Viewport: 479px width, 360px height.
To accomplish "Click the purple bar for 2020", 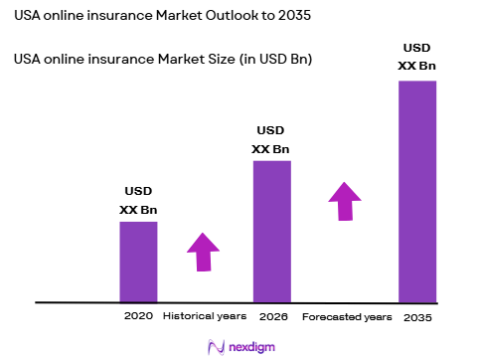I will pos(138,261).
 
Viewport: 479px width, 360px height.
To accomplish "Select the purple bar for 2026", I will pos(271,231).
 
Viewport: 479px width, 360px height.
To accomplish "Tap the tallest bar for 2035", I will pos(416,190).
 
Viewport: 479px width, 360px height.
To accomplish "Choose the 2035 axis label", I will pos(417,317).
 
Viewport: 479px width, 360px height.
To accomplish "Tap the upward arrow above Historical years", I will pos(204,251).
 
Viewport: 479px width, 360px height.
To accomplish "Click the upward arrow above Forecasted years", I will pos(345,201).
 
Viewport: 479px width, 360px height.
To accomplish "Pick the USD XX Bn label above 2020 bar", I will pos(138,200).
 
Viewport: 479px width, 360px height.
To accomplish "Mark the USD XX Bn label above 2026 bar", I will pos(271,139).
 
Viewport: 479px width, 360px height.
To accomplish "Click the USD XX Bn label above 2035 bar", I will pos(416,57).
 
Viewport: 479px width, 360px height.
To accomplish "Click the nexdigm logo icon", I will pos(214,346).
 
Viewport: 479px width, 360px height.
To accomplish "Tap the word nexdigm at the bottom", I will pos(250,347).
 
